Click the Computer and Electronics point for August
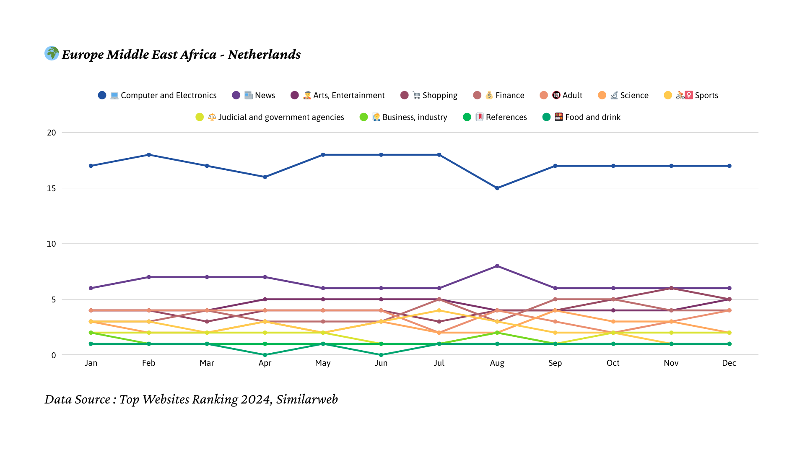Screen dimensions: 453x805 point(497,188)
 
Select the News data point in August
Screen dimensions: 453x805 point(497,266)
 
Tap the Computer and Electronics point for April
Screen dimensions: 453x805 point(265,177)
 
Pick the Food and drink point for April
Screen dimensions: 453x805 point(265,355)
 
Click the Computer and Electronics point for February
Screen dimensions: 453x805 point(149,155)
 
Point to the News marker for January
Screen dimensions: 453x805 point(91,288)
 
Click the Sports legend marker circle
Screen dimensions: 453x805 point(668,95)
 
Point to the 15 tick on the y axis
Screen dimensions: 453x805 point(51,188)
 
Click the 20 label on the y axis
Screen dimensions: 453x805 point(51,133)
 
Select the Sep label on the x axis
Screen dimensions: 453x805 point(555,363)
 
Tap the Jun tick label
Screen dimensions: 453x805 point(381,363)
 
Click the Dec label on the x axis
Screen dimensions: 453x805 point(729,363)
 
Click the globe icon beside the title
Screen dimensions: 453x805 point(52,53)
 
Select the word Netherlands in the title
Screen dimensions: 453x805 point(264,55)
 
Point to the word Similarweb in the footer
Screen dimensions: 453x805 point(307,399)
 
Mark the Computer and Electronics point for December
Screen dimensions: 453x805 point(730,166)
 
